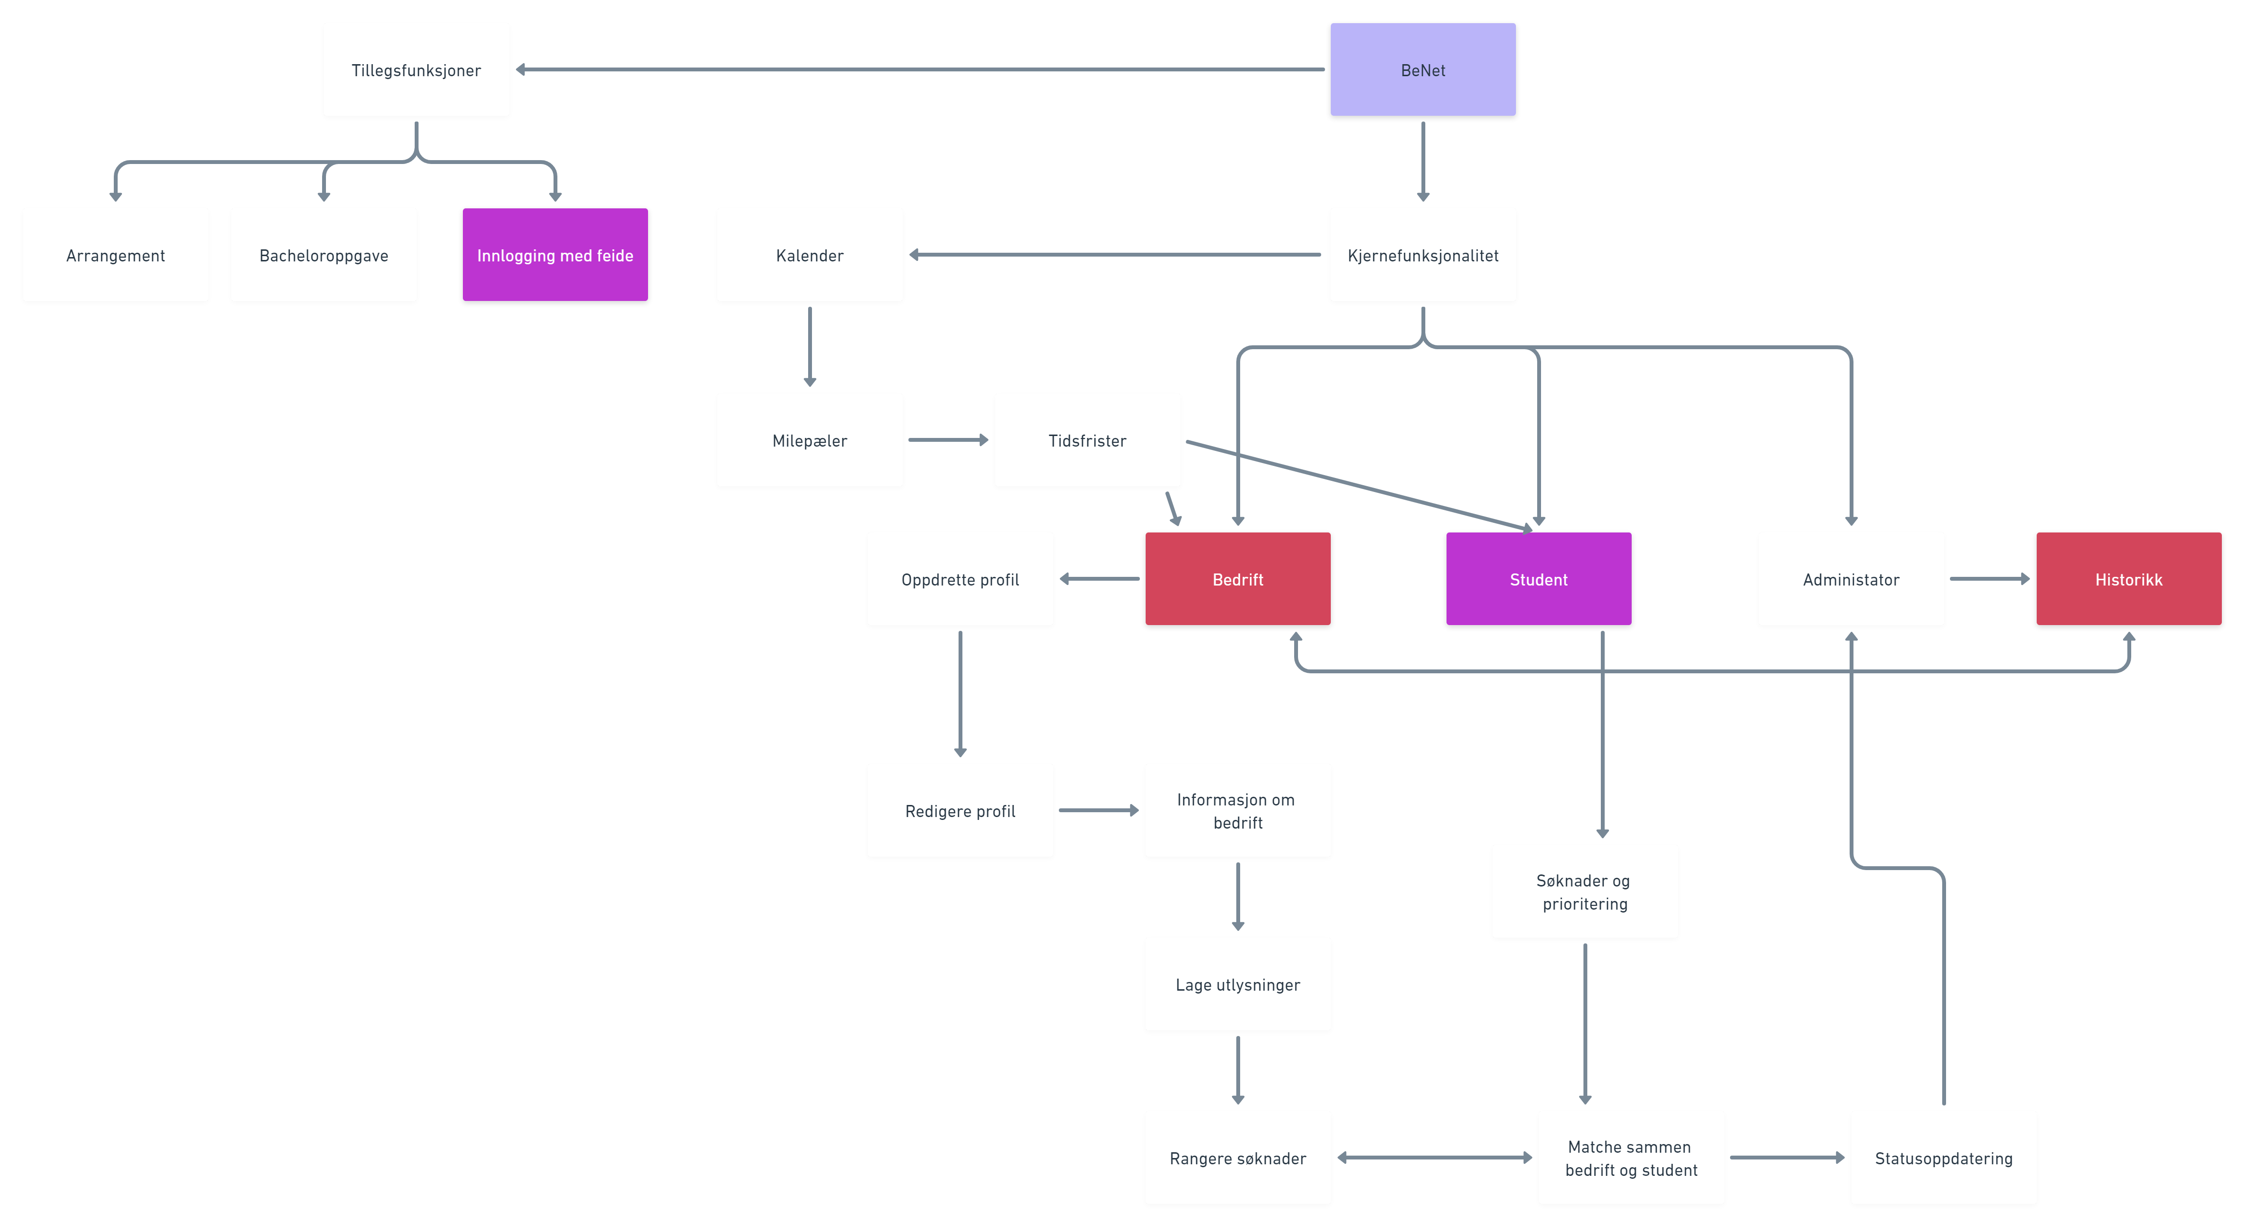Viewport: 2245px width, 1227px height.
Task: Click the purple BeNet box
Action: point(1422,70)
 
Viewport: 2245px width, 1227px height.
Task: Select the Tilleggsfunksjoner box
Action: point(416,70)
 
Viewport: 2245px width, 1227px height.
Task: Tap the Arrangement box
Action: point(115,255)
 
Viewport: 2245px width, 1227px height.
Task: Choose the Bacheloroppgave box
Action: point(324,255)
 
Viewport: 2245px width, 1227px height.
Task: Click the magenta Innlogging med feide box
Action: point(554,255)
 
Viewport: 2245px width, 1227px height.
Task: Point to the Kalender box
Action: point(809,255)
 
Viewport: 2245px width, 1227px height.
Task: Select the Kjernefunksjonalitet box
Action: point(1422,255)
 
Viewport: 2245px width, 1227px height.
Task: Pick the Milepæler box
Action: point(809,440)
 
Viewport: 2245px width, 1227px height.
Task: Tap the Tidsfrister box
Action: point(1087,440)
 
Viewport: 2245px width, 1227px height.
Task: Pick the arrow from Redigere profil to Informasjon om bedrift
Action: point(1098,810)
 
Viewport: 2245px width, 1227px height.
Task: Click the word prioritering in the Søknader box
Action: point(1584,904)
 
